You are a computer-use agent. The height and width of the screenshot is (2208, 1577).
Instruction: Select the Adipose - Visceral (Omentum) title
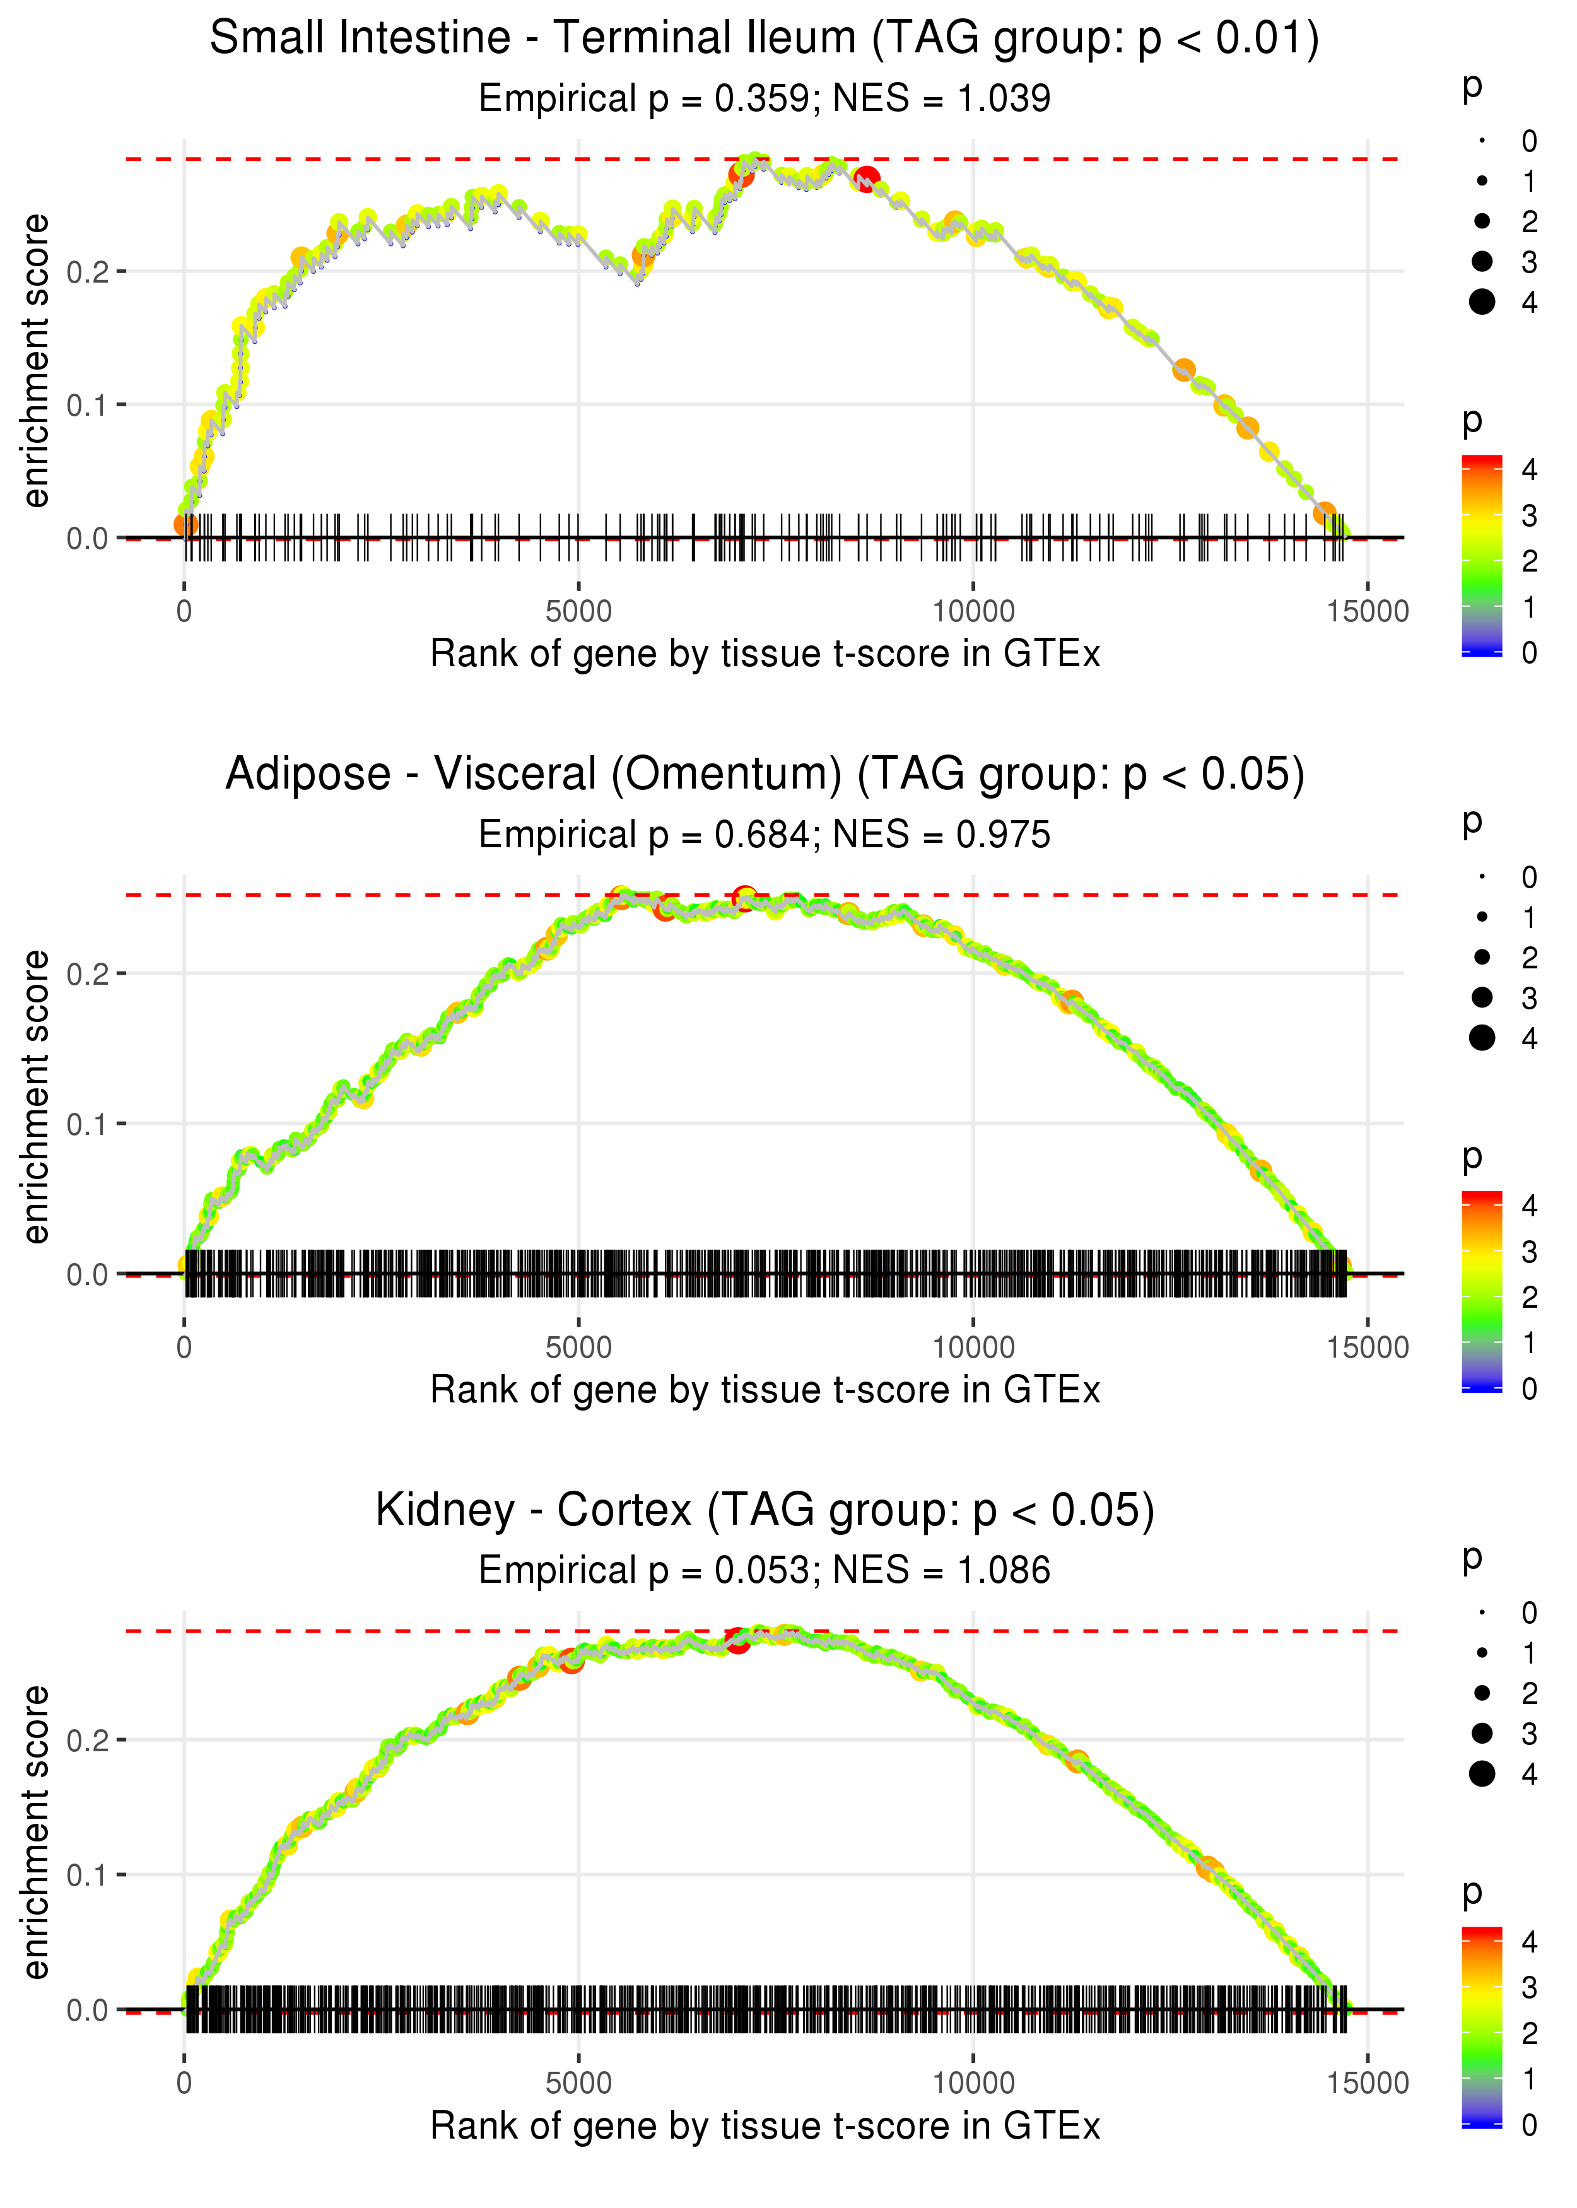(x=765, y=775)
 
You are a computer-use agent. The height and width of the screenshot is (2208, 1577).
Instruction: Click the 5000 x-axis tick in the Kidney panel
(x=578, y=2082)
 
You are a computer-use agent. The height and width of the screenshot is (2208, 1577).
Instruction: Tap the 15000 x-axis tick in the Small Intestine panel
(x=1367, y=612)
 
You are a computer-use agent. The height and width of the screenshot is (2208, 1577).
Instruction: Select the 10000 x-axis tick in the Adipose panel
(x=973, y=1348)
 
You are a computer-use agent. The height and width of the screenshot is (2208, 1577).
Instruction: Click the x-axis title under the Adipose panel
(x=765, y=1390)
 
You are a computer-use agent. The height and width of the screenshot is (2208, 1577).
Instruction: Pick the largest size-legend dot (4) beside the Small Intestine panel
(x=1482, y=302)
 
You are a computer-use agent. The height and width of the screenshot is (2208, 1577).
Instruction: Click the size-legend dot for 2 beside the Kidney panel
(x=1482, y=1693)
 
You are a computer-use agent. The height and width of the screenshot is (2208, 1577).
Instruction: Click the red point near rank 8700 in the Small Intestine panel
(x=867, y=179)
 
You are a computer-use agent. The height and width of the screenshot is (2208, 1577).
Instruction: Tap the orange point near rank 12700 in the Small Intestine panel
(x=1183, y=370)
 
